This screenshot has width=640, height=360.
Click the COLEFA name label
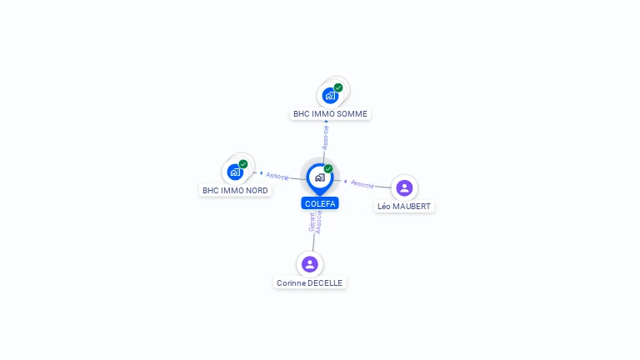pos(320,203)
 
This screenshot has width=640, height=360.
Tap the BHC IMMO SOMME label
pos(330,114)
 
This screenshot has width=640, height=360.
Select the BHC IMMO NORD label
pos(235,191)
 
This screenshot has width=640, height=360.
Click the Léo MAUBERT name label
pos(404,207)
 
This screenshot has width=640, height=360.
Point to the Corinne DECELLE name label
pos(309,282)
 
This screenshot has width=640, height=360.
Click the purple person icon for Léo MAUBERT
pos(404,188)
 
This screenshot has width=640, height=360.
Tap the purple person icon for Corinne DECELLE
pos(310,264)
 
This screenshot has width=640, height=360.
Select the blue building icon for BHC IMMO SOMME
pos(330,96)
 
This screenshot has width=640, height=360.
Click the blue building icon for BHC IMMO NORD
pos(235,172)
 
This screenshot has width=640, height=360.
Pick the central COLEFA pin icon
pos(320,179)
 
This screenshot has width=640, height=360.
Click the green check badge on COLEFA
pos(328,168)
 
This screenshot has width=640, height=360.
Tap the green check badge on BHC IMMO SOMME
pos(338,87)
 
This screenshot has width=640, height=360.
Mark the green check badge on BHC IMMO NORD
pos(243,164)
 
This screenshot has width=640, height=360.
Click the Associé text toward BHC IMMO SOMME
pos(325,138)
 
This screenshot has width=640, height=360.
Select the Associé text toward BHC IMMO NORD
pos(277,176)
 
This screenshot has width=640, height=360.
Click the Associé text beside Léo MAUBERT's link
pos(362,184)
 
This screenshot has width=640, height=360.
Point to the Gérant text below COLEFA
pos(312,222)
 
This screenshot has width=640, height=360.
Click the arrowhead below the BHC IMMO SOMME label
pos(326,121)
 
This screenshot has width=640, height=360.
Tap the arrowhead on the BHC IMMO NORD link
pos(261,173)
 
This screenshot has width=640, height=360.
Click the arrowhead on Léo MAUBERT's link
pos(345,181)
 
